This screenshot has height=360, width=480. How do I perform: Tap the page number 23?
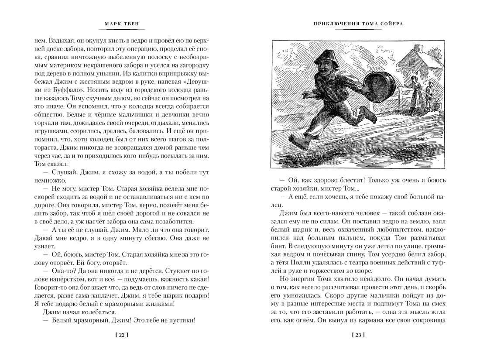tap(358, 335)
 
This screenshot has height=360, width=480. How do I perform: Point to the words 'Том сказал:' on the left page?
tap(50, 164)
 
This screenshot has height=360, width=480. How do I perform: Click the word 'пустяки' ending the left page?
tap(179, 320)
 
